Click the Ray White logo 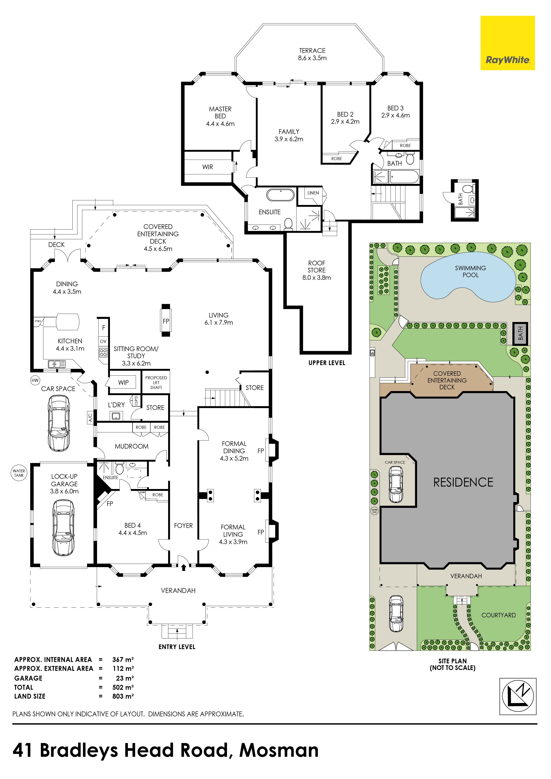point(507,43)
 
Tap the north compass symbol point(518,696)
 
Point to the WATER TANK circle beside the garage point(19,473)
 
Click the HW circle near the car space point(35,380)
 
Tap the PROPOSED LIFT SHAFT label point(156,382)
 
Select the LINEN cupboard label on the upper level point(313,193)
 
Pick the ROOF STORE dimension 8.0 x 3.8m point(316,278)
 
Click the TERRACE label point(312,51)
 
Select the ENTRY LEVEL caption point(177,647)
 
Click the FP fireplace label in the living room point(166,321)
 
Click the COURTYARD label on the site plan point(498,615)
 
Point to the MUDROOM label point(132,446)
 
